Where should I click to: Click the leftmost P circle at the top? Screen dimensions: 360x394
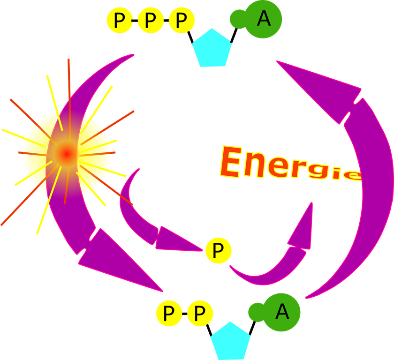pyautogui.click(x=120, y=21)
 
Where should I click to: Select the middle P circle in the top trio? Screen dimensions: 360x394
pyautogui.click(x=151, y=21)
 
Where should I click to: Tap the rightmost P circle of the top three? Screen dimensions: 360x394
pyautogui.click(x=181, y=21)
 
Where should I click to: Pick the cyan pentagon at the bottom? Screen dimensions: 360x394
pyautogui.click(x=230, y=342)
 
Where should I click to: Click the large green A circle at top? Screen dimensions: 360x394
pyautogui.click(x=263, y=19)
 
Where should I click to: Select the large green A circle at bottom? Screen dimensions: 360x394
pyautogui.click(x=281, y=312)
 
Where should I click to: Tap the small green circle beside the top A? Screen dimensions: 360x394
pyautogui.click(x=238, y=19)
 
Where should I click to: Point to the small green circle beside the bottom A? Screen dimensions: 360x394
pyautogui.click(x=257, y=312)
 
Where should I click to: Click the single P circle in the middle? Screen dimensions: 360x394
pyautogui.click(x=218, y=251)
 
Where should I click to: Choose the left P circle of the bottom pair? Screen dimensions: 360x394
pyautogui.click(x=169, y=313)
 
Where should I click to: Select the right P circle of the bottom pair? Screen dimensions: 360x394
pyautogui.click(x=200, y=313)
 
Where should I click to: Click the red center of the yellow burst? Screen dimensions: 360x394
pyautogui.click(x=67, y=153)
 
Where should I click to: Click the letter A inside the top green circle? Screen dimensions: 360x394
pyautogui.click(x=264, y=19)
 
